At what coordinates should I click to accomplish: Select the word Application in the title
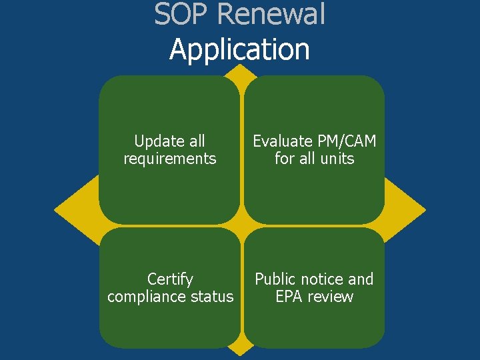pyautogui.click(x=239, y=49)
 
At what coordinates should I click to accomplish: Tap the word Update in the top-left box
pyautogui.click(x=159, y=141)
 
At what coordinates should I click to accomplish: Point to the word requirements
pyautogui.click(x=170, y=159)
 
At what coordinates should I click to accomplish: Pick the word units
pyautogui.click(x=337, y=159)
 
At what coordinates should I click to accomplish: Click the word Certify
pyautogui.click(x=170, y=279)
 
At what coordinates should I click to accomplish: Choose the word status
pyautogui.click(x=213, y=297)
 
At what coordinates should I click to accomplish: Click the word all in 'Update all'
pyautogui.click(x=196, y=141)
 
